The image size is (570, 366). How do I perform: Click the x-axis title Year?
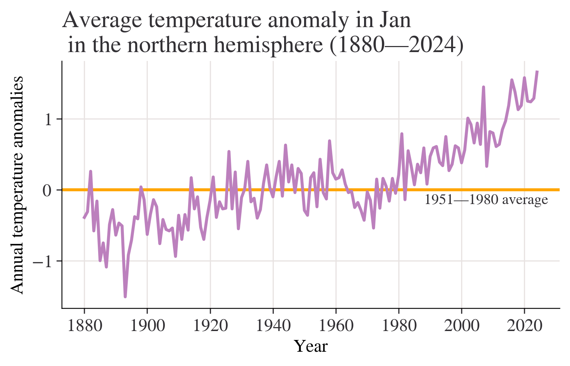(x=311, y=346)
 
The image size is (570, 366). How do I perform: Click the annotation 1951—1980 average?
(x=486, y=200)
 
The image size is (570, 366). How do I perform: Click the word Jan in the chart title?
(x=395, y=20)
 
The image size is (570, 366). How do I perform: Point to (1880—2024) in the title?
(x=396, y=46)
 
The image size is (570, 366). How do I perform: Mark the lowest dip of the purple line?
(x=125, y=296)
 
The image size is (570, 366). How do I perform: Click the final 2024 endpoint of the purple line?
(x=537, y=71)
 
